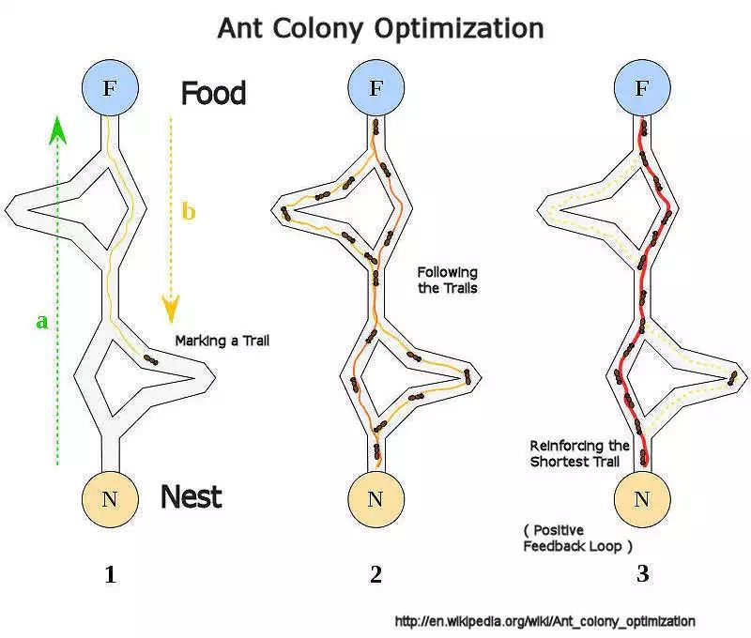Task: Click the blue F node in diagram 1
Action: coord(109,89)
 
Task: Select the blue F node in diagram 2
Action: coord(375,89)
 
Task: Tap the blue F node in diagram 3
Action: coord(642,89)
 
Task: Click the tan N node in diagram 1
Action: coord(109,498)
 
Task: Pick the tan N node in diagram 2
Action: coord(375,498)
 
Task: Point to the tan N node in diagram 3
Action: coord(642,498)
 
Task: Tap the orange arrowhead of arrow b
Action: coord(170,308)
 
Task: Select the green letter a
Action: coord(41,322)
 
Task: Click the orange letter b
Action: coord(189,212)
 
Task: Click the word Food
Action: coord(213,93)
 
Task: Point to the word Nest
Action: coord(192,495)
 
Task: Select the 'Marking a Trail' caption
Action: coord(222,341)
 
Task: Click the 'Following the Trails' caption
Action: coord(448,280)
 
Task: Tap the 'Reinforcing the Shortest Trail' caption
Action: coord(579,454)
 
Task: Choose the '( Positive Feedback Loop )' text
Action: coord(575,537)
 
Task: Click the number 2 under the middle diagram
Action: coord(375,575)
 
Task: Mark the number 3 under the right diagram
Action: coord(642,575)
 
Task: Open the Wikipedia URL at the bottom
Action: coord(545,621)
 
